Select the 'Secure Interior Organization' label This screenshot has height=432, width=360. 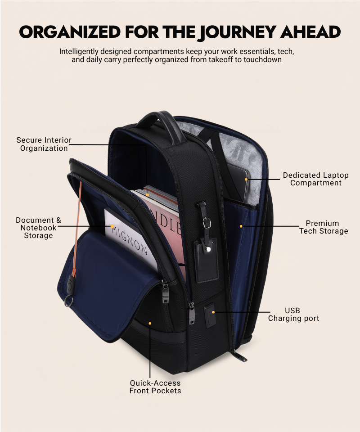click(44, 144)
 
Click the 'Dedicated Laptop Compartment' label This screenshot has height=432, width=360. click(315, 179)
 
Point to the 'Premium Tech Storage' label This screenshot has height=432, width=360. click(324, 227)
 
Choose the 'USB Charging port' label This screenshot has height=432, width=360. click(293, 315)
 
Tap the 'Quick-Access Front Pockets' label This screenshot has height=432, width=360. click(155, 387)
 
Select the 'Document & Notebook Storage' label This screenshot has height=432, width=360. click(38, 228)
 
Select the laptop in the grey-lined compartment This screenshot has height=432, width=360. click(238, 180)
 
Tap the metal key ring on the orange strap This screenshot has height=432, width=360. click(68, 301)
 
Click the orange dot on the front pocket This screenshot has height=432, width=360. click(150, 323)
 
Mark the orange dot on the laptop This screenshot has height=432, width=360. click(246, 180)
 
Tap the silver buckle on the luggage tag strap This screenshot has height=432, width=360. click(206, 222)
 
